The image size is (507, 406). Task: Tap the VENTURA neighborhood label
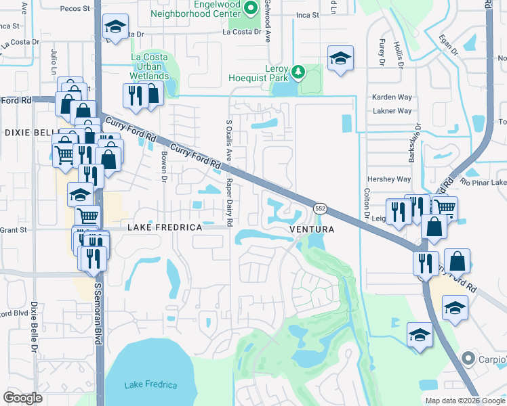click(x=312, y=229)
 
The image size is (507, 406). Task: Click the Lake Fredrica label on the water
click(x=150, y=385)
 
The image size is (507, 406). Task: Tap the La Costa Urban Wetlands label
click(x=150, y=67)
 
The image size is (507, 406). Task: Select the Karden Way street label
click(x=392, y=97)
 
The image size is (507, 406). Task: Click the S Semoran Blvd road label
click(x=98, y=311)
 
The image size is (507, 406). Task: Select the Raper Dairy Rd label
click(x=230, y=202)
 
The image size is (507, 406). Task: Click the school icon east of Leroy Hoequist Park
click(x=341, y=58)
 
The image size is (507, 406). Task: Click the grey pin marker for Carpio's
click(x=468, y=357)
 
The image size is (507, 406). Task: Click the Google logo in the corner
click(x=23, y=398)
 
